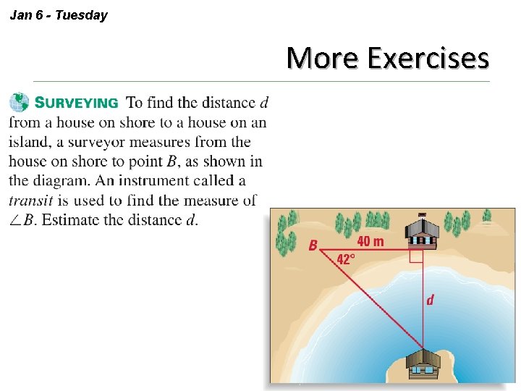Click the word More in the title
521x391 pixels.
(322, 57)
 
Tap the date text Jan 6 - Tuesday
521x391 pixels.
(59, 14)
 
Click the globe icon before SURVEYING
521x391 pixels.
(20, 103)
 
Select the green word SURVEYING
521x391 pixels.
(77, 104)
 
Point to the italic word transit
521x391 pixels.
(30, 201)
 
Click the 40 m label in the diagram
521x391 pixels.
(370, 241)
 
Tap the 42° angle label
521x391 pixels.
(345, 259)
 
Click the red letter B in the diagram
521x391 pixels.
(313, 246)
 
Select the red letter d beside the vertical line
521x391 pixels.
(430, 299)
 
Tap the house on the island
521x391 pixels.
(423, 364)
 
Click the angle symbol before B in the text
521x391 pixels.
(15, 221)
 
